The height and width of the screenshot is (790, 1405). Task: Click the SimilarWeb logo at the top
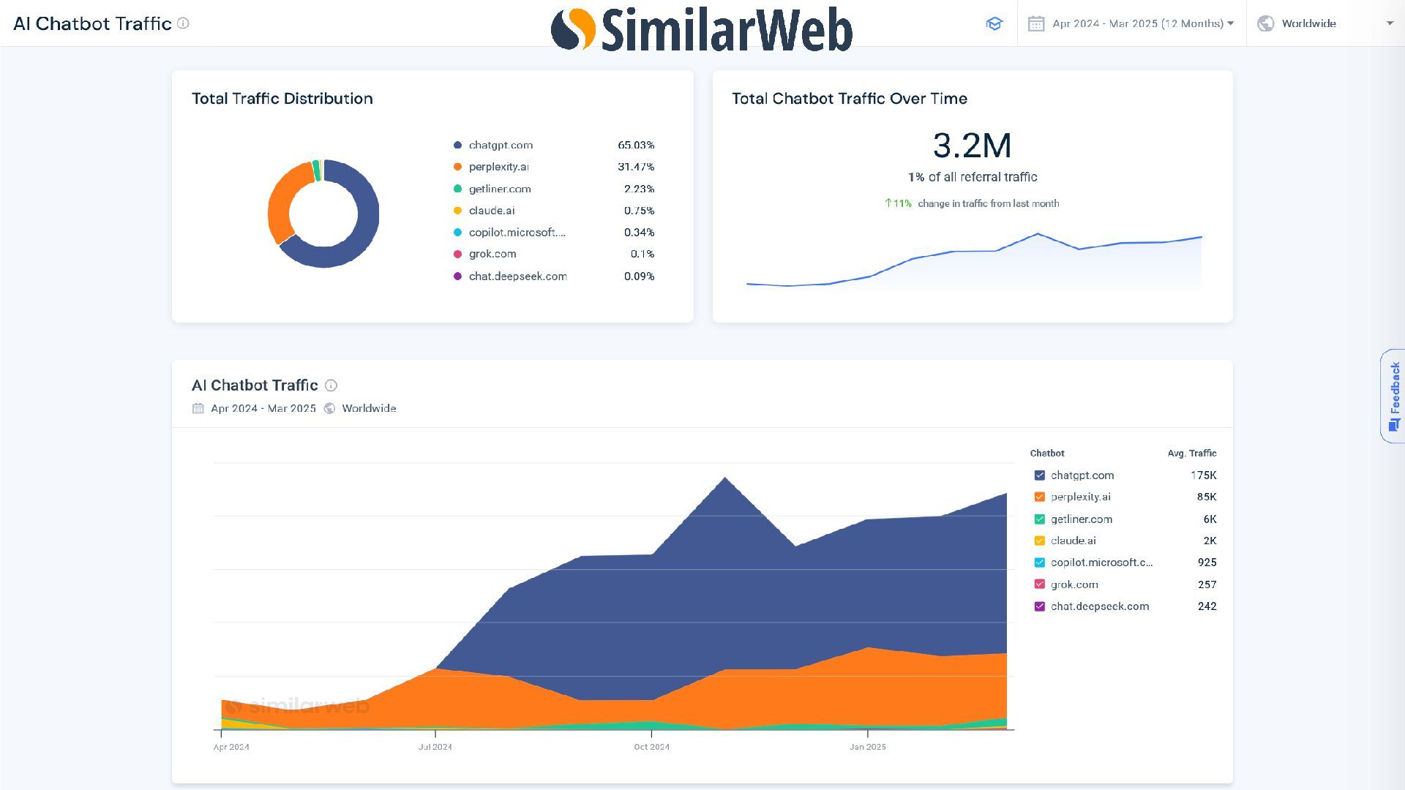pos(701,29)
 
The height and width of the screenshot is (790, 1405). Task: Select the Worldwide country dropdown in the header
pos(1325,23)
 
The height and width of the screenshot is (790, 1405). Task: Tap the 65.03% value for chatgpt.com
pos(635,146)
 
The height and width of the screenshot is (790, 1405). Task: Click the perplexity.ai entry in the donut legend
pos(498,167)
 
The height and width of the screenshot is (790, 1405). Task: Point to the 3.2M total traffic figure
pos(972,146)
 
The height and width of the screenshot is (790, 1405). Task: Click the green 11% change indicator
pos(898,203)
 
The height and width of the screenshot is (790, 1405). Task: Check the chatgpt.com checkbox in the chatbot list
pos(1039,475)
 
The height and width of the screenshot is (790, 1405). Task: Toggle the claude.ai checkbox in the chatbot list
pos(1039,541)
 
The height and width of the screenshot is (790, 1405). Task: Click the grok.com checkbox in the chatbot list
pos(1039,584)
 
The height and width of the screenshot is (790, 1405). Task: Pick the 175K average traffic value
pos(1203,475)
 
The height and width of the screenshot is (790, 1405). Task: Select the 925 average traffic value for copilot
pos(1207,563)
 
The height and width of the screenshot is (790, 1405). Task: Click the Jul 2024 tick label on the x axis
pos(435,747)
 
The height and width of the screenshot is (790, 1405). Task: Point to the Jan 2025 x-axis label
pos(867,747)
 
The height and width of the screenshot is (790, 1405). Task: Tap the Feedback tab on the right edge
pos(1394,396)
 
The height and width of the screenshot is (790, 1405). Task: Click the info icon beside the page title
pos(184,23)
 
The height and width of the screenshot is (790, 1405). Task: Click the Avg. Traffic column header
pos(1191,454)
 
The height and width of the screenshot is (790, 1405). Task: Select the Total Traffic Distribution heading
pos(282,99)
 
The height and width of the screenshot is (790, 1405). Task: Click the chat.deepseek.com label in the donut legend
pos(517,276)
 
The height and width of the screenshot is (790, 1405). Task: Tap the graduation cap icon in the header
pos(994,23)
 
